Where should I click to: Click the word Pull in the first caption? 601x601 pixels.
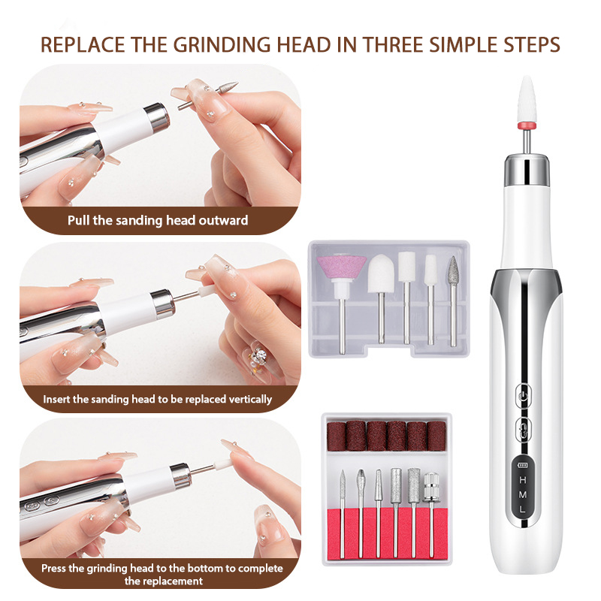[x=79, y=220]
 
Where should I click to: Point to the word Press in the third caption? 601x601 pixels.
[x=53, y=568]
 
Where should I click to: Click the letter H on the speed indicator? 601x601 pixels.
[x=522, y=480]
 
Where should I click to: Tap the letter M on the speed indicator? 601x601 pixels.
[x=522, y=494]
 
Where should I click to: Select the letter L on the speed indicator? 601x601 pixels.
[x=522, y=509]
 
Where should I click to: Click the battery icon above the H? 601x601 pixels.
[x=522, y=465]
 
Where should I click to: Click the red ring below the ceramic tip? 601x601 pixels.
[x=527, y=125]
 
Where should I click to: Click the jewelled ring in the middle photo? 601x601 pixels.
[x=258, y=358]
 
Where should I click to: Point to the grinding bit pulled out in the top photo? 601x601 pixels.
[x=208, y=96]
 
